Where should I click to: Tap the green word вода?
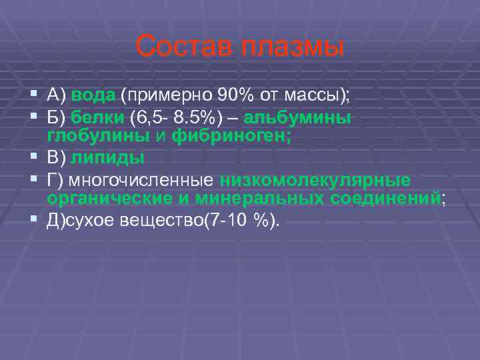coord(93,95)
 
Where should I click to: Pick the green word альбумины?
coord(297,118)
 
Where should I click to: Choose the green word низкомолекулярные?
coord(315,181)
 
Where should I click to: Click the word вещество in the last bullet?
coord(175,221)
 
